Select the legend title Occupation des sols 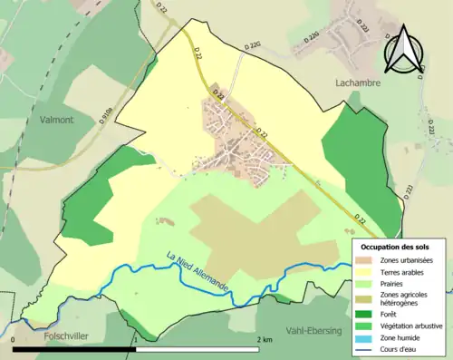pos(395,247)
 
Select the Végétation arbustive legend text pos(412,326)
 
